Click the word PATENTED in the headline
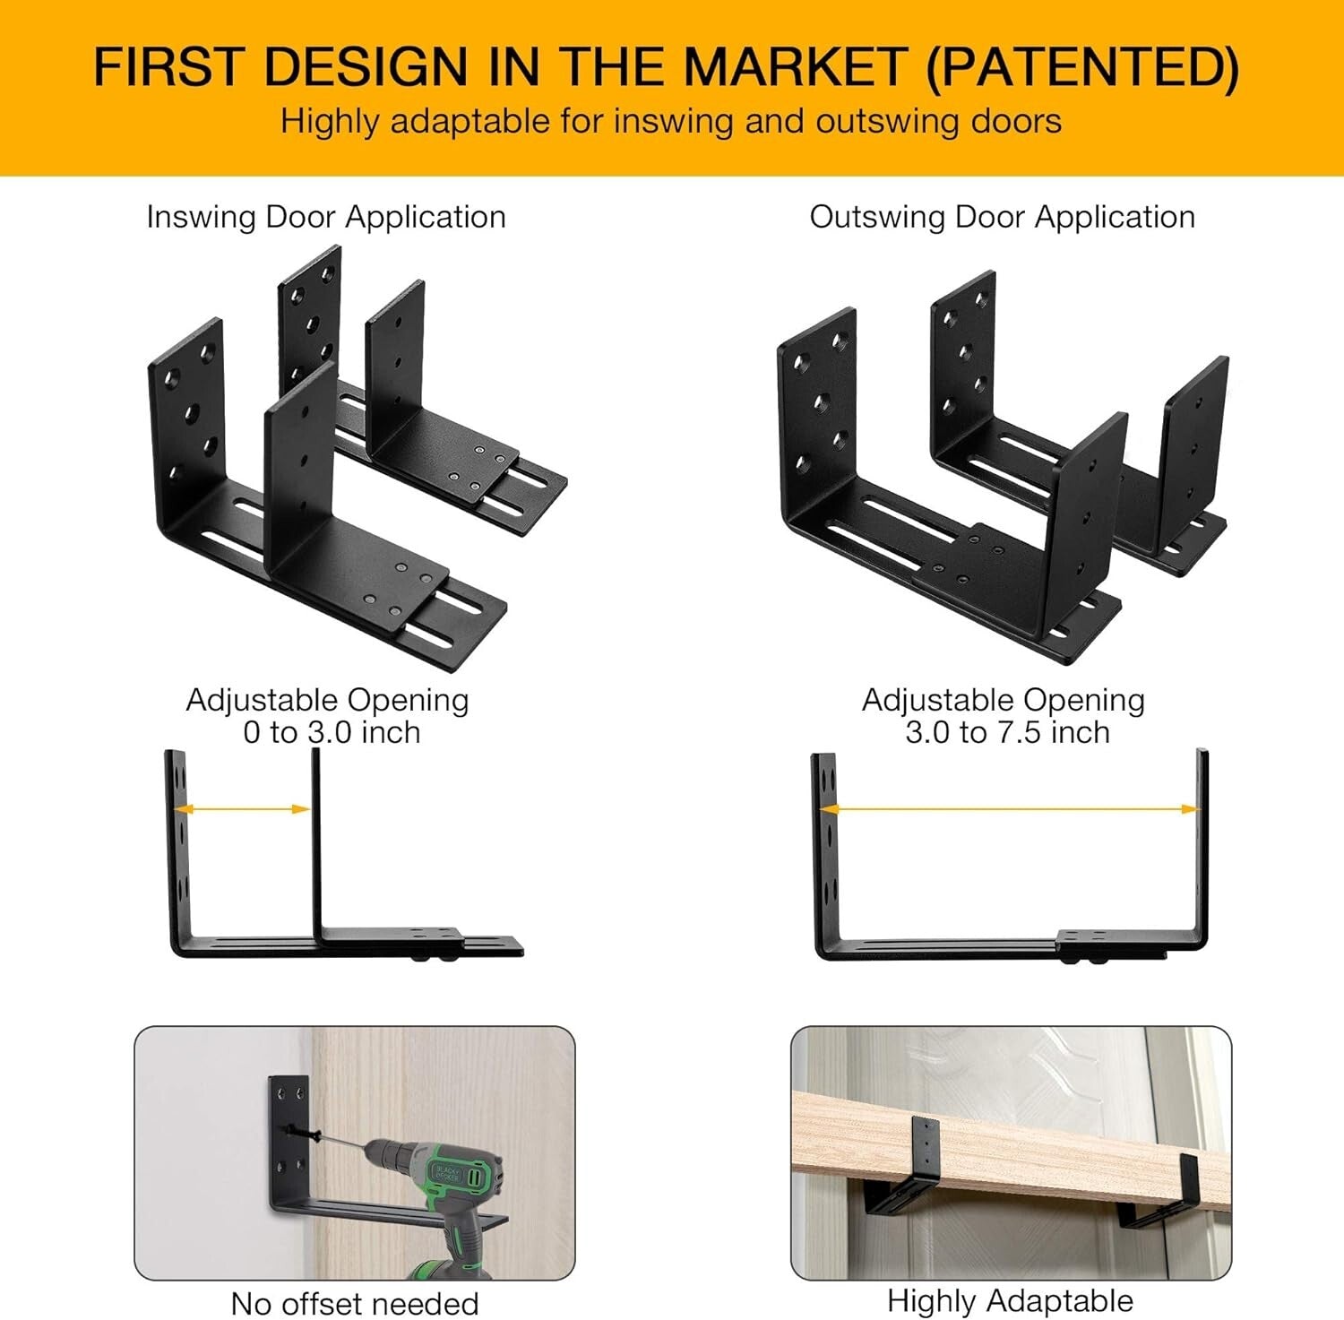[x=1082, y=67]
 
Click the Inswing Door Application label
[x=326, y=217]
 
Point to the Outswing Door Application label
[x=1002, y=217]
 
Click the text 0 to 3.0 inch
[x=332, y=733]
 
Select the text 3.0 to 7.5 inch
[x=1007, y=733]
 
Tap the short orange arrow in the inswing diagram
[x=242, y=809]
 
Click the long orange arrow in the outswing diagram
[x=1010, y=809]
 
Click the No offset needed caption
[x=354, y=1303]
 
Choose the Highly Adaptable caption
[x=1010, y=1300]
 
